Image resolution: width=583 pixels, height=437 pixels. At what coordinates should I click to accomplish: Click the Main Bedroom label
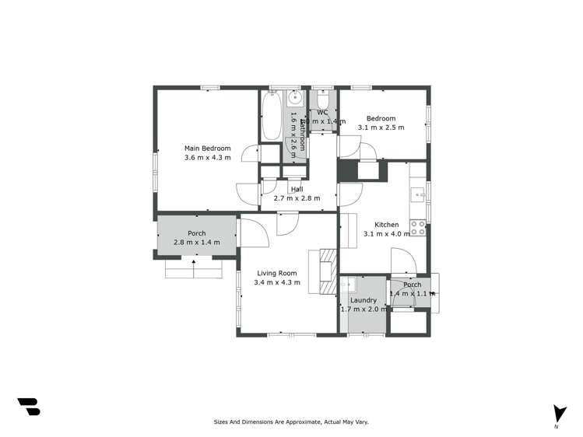207,148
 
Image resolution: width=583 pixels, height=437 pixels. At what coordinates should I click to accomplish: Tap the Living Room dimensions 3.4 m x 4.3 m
276,282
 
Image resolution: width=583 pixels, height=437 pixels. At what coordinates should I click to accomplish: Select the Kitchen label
386,225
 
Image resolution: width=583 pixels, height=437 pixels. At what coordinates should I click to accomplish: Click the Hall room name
297,189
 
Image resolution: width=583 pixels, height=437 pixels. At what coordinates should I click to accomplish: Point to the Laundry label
363,300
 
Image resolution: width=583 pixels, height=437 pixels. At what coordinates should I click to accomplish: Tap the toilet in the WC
323,100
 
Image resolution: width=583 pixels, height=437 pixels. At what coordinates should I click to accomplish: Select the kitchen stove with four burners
418,228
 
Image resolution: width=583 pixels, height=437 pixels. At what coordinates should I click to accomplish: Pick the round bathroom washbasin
296,99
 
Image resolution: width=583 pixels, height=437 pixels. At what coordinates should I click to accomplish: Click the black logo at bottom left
28,407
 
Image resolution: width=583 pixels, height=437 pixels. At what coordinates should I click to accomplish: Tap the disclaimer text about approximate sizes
291,422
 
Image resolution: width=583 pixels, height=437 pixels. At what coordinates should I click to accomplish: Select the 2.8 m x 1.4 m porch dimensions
196,242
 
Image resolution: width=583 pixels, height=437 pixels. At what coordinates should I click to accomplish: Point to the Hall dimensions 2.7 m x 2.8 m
297,198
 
